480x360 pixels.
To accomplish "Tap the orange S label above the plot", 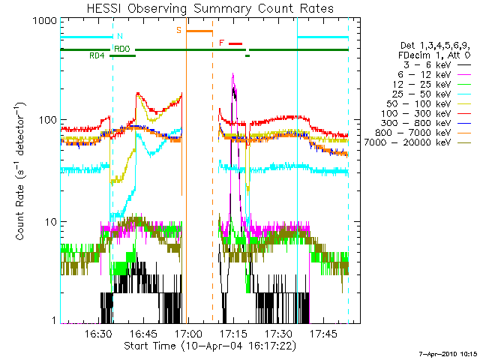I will point(178,30).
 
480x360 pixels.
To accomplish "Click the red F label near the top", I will point(221,43).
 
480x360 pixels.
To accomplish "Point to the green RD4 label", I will point(97,56).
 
